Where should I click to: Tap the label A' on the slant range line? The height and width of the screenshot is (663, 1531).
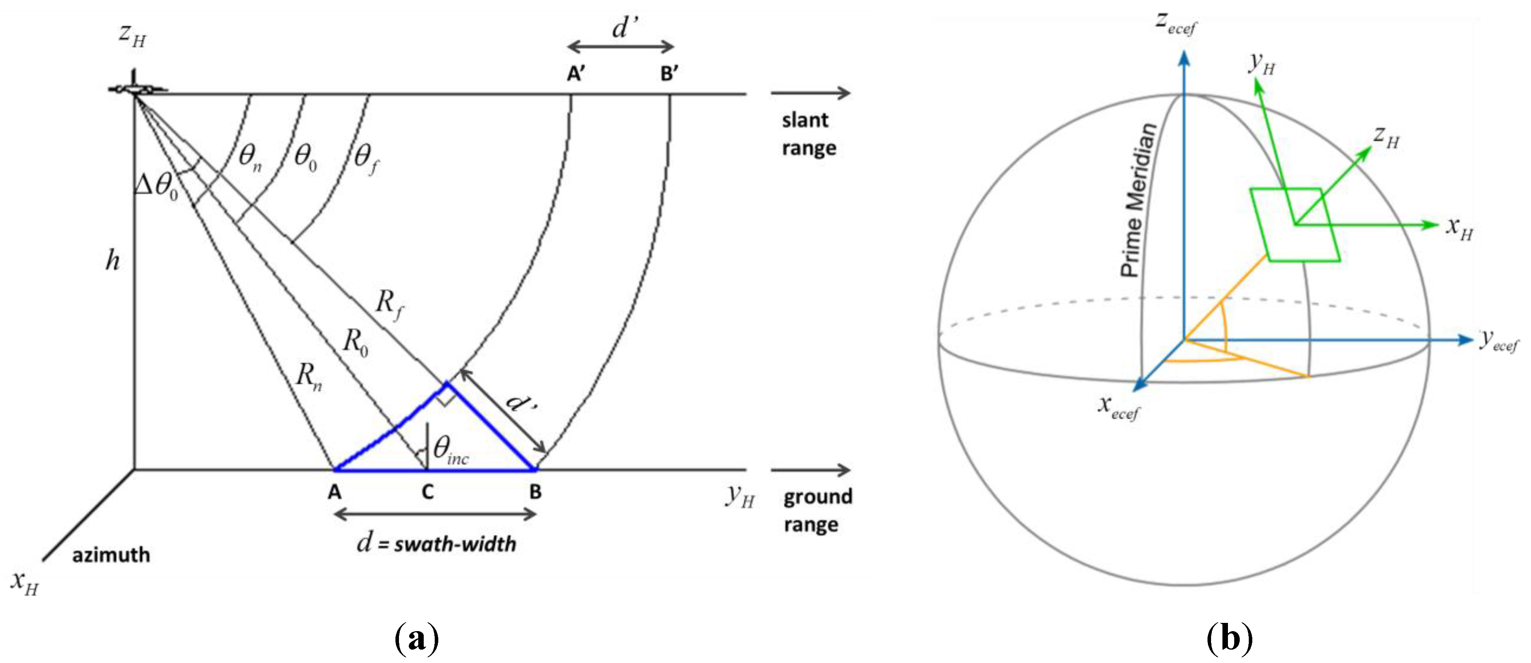pos(575,74)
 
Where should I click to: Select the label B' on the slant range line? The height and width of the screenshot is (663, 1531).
pos(669,74)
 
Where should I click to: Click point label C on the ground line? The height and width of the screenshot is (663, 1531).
pos(427,492)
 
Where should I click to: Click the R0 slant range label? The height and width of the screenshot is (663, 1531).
pos(355,343)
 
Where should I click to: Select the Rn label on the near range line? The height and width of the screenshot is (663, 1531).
pos(309,376)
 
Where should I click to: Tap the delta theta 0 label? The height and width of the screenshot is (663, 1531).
pos(157,186)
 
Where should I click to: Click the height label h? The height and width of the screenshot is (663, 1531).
pos(112,260)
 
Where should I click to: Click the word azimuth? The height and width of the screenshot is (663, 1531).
pos(111,555)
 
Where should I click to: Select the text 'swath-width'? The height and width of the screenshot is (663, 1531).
pos(455,543)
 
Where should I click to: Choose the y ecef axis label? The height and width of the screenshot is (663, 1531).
pos(1498,341)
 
